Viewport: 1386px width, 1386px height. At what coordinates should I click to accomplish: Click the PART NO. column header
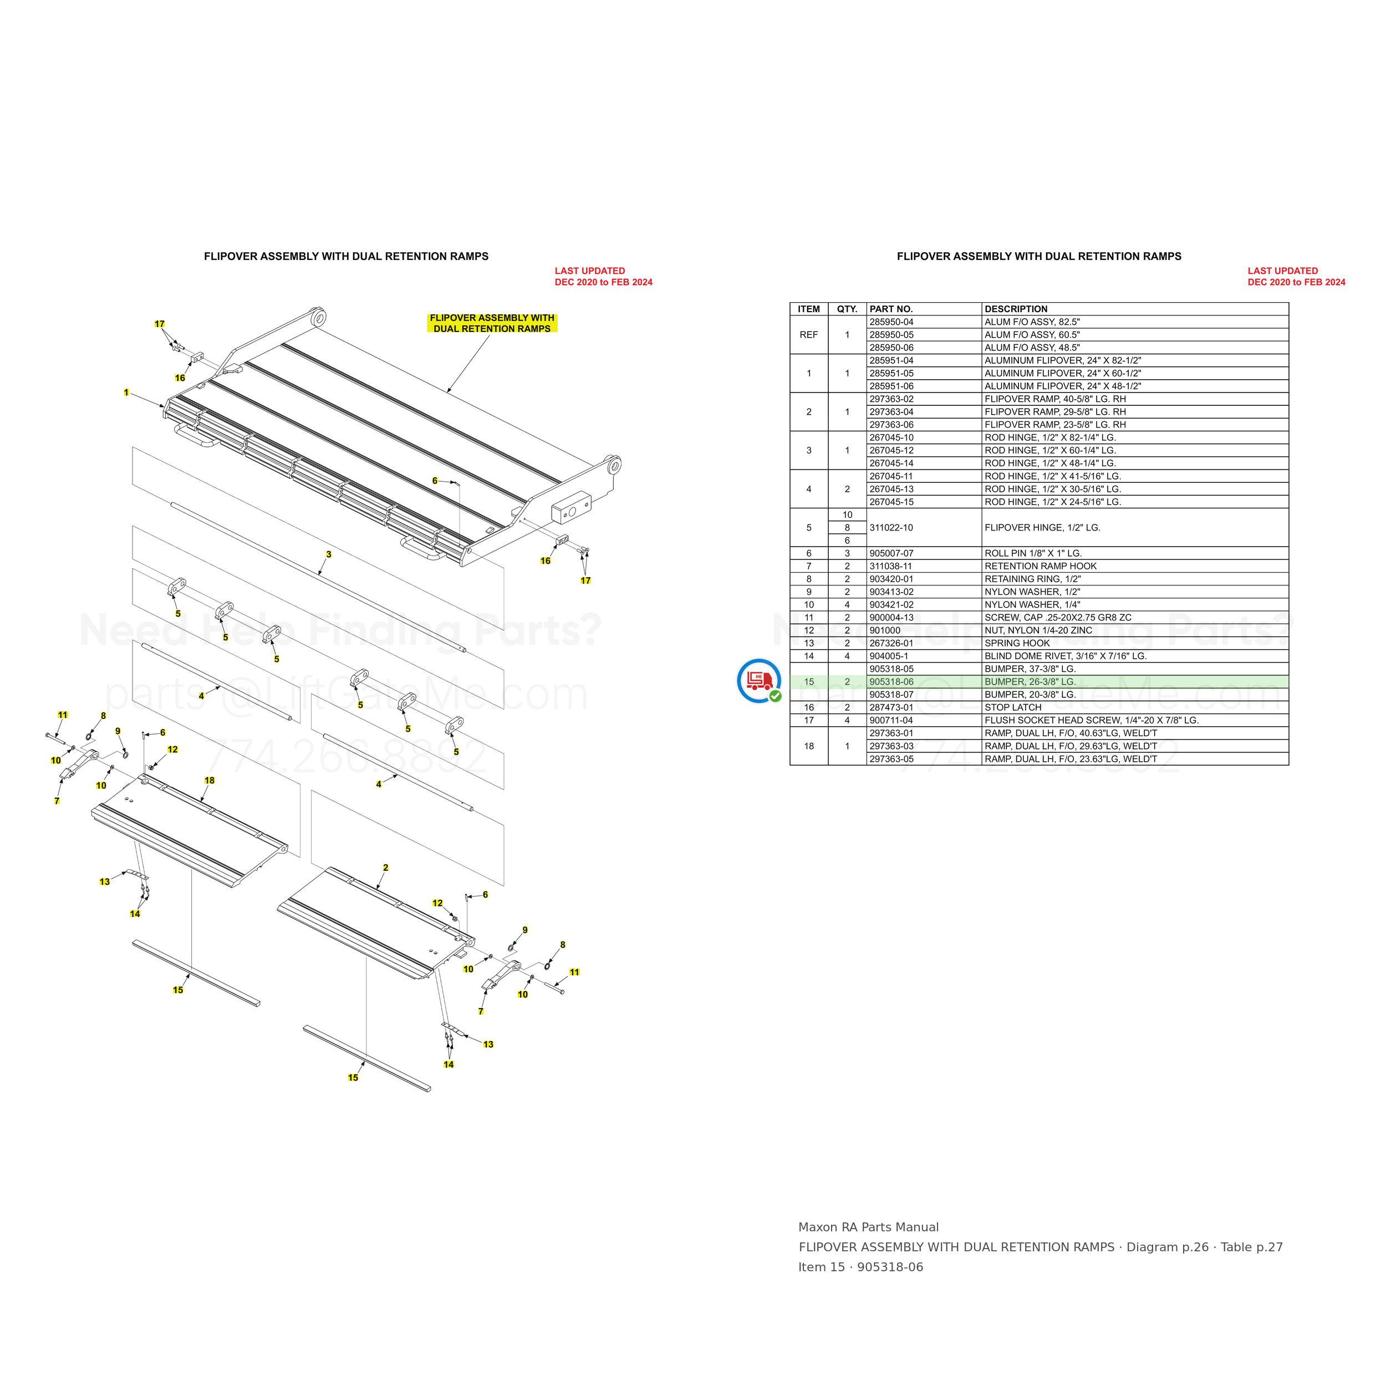pyautogui.click(x=891, y=309)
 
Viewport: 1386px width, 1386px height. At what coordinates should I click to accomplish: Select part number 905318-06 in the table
pyautogui.click(x=891, y=681)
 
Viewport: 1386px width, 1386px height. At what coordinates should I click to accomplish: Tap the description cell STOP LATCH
pyautogui.click(x=1013, y=707)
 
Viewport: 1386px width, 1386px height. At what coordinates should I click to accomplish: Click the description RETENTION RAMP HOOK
pyautogui.click(x=1040, y=566)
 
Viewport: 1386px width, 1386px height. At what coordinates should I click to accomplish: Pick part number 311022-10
pyautogui.click(x=891, y=527)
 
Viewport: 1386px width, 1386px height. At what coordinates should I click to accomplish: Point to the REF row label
pyautogui.click(x=808, y=335)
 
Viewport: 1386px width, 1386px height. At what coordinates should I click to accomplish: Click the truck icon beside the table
pyautogui.click(x=759, y=680)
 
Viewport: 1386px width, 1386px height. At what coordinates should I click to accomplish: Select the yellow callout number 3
pyautogui.click(x=329, y=554)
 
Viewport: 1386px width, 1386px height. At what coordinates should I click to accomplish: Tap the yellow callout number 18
pyautogui.click(x=210, y=781)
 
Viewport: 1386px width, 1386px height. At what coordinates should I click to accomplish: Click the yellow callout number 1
pyautogui.click(x=126, y=393)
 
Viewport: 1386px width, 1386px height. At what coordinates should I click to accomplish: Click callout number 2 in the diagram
pyautogui.click(x=386, y=867)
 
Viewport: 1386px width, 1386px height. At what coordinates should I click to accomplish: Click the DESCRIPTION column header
pyautogui.click(x=1016, y=309)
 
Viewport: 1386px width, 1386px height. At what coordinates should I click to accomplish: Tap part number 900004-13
pyautogui.click(x=891, y=618)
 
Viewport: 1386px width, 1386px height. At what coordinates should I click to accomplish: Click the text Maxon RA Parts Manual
pyautogui.click(x=868, y=1227)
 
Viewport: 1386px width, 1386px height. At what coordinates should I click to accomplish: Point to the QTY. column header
pyautogui.click(x=847, y=309)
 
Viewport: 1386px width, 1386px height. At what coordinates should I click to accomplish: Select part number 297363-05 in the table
pyautogui.click(x=891, y=759)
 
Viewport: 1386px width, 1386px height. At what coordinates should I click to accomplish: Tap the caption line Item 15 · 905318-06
pyautogui.click(x=861, y=1267)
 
